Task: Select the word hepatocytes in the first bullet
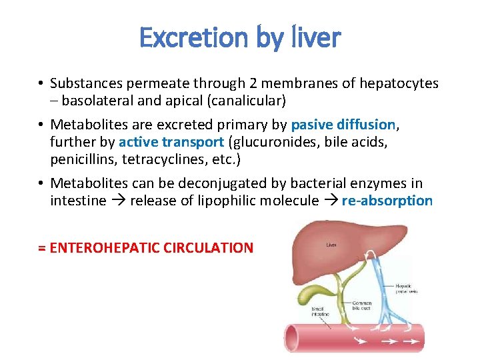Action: [x=399, y=83]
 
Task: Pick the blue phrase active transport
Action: [x=171, y=142]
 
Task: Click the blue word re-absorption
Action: [x=387, y=201]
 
